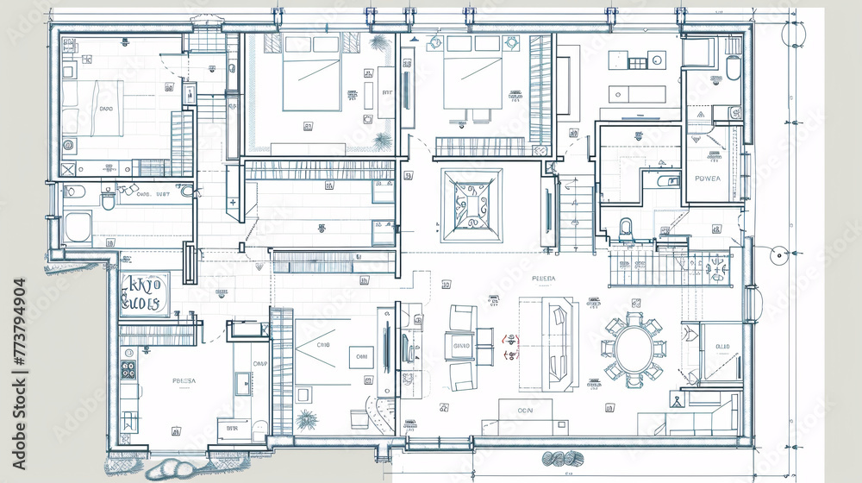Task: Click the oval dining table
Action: point(634,347)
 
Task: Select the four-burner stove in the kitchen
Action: point(128,370)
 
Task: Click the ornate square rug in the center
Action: point(472,205)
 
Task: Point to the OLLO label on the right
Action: point(721,347)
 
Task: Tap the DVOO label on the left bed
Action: point(106,110)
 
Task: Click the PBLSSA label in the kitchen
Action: point(184,380)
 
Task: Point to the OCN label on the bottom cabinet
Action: point(525,411)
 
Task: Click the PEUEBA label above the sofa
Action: point(544,279)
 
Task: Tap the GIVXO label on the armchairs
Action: point(461,347)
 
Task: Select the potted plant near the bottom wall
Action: point(306,419)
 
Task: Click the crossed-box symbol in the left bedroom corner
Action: point(69,170)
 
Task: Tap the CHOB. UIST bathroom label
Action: point(154,195)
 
